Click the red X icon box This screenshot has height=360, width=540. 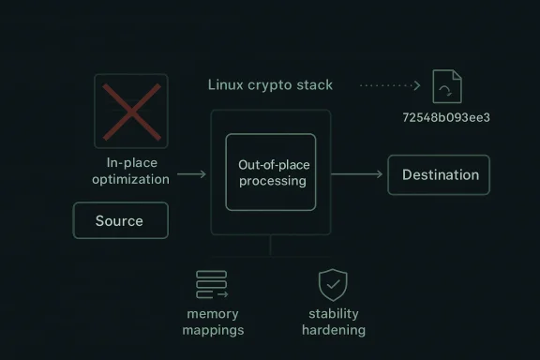click(131, 111)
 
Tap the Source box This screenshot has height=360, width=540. click(120, 220)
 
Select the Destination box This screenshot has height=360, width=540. click(439, 174)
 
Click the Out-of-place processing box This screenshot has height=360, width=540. click(271, 172)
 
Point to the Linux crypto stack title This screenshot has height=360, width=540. click(270, 85)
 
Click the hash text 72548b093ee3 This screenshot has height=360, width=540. click(445, 117)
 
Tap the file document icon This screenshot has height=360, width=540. click(446, 85)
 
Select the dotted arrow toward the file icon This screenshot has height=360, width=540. click(390, 85)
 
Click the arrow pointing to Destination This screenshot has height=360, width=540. click(357, 174)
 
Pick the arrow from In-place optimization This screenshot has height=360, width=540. click(191, 173)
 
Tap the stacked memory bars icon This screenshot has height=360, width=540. click(212, 284)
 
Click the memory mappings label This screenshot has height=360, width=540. click(213, 322)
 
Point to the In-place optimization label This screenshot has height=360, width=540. click(131, 171)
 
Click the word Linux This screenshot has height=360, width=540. click(224, 85)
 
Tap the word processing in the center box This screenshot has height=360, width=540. click(272, 181)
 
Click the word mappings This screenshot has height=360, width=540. click(213, 330)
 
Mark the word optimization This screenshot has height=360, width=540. click(131, 179)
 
